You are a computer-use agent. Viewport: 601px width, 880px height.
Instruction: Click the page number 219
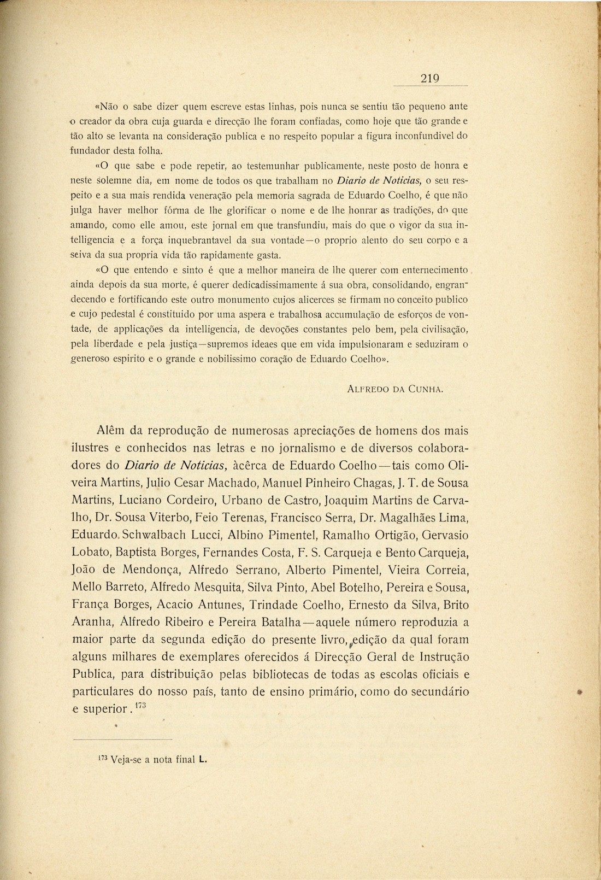click(x=430, y=78)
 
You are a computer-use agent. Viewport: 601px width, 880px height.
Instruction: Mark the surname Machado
click(x=232, y=483)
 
